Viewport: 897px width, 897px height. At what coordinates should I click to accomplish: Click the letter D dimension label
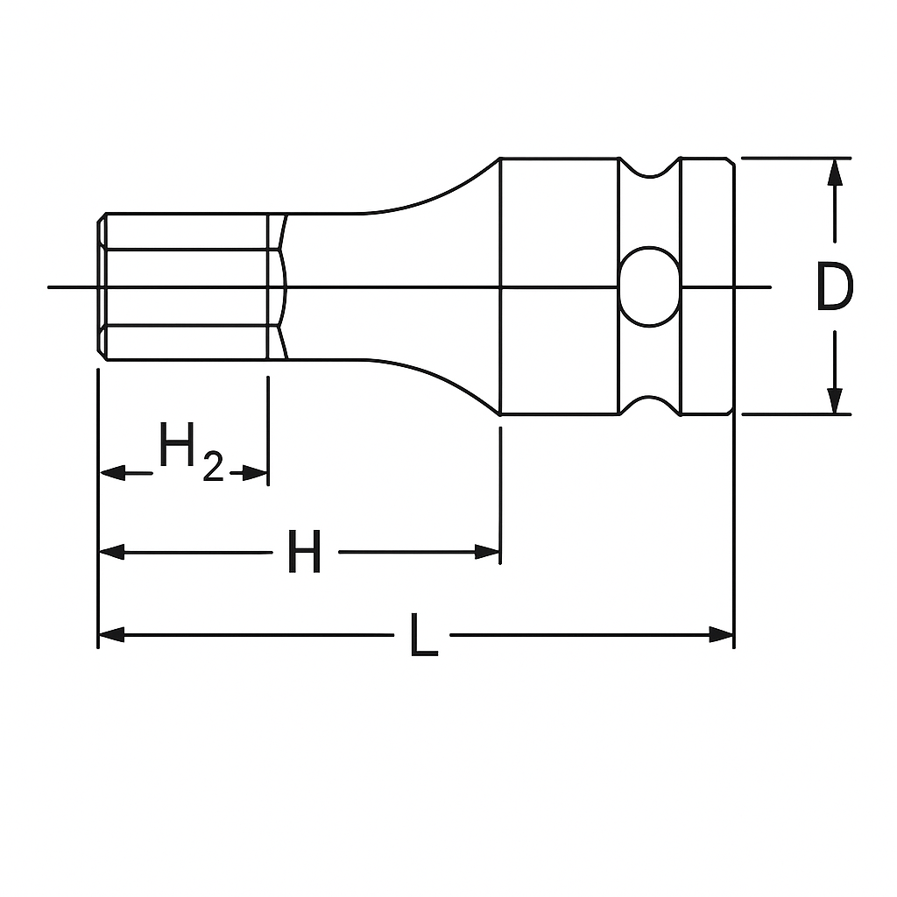[833, 288]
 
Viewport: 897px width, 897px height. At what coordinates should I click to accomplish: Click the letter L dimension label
[423, 636]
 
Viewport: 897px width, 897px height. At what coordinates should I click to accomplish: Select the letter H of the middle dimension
[305, 553]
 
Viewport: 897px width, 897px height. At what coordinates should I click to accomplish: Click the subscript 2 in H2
[212, 469]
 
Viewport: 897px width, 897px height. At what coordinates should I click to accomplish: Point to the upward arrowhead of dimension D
[836, 171]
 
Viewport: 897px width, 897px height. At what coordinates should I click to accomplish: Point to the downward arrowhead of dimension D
[836, 400]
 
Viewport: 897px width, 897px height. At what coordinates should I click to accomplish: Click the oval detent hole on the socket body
[650, 286]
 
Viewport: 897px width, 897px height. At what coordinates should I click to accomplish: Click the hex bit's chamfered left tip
[102, 286]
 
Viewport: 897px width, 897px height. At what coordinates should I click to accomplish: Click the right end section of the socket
[706, 286]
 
